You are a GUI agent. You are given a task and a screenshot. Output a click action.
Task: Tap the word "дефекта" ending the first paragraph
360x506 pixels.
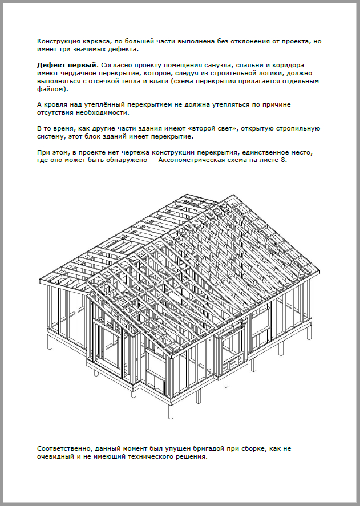click(129, 50)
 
